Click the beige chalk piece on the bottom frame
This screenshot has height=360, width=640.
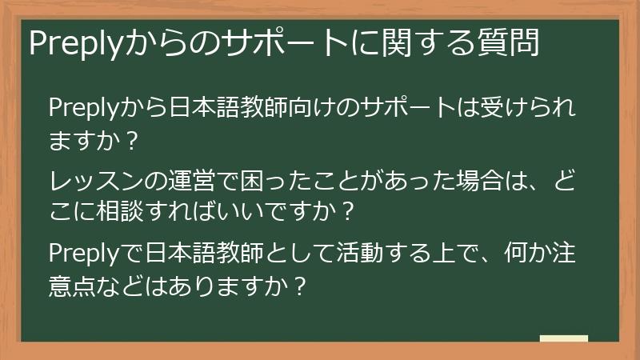point(563,339)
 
